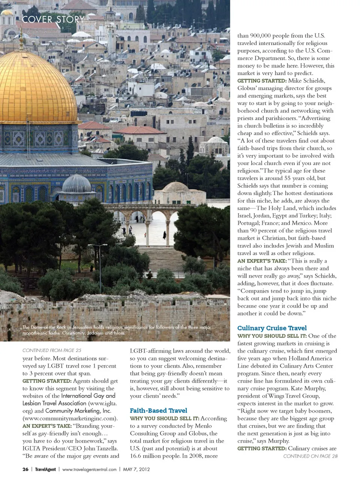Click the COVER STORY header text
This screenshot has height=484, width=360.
53,19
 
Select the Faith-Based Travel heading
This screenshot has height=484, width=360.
158,410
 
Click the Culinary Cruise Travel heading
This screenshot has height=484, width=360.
272,328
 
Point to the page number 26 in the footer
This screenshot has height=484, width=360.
25,469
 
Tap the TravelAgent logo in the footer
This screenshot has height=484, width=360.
45,469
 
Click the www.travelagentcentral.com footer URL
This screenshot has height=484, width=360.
89,469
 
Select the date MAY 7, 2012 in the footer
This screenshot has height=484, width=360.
136,469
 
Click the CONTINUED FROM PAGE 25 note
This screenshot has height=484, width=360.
52,350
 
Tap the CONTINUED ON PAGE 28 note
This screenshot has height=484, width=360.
310,456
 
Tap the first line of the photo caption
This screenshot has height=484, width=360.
117,327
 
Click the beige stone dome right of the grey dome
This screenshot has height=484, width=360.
175,187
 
